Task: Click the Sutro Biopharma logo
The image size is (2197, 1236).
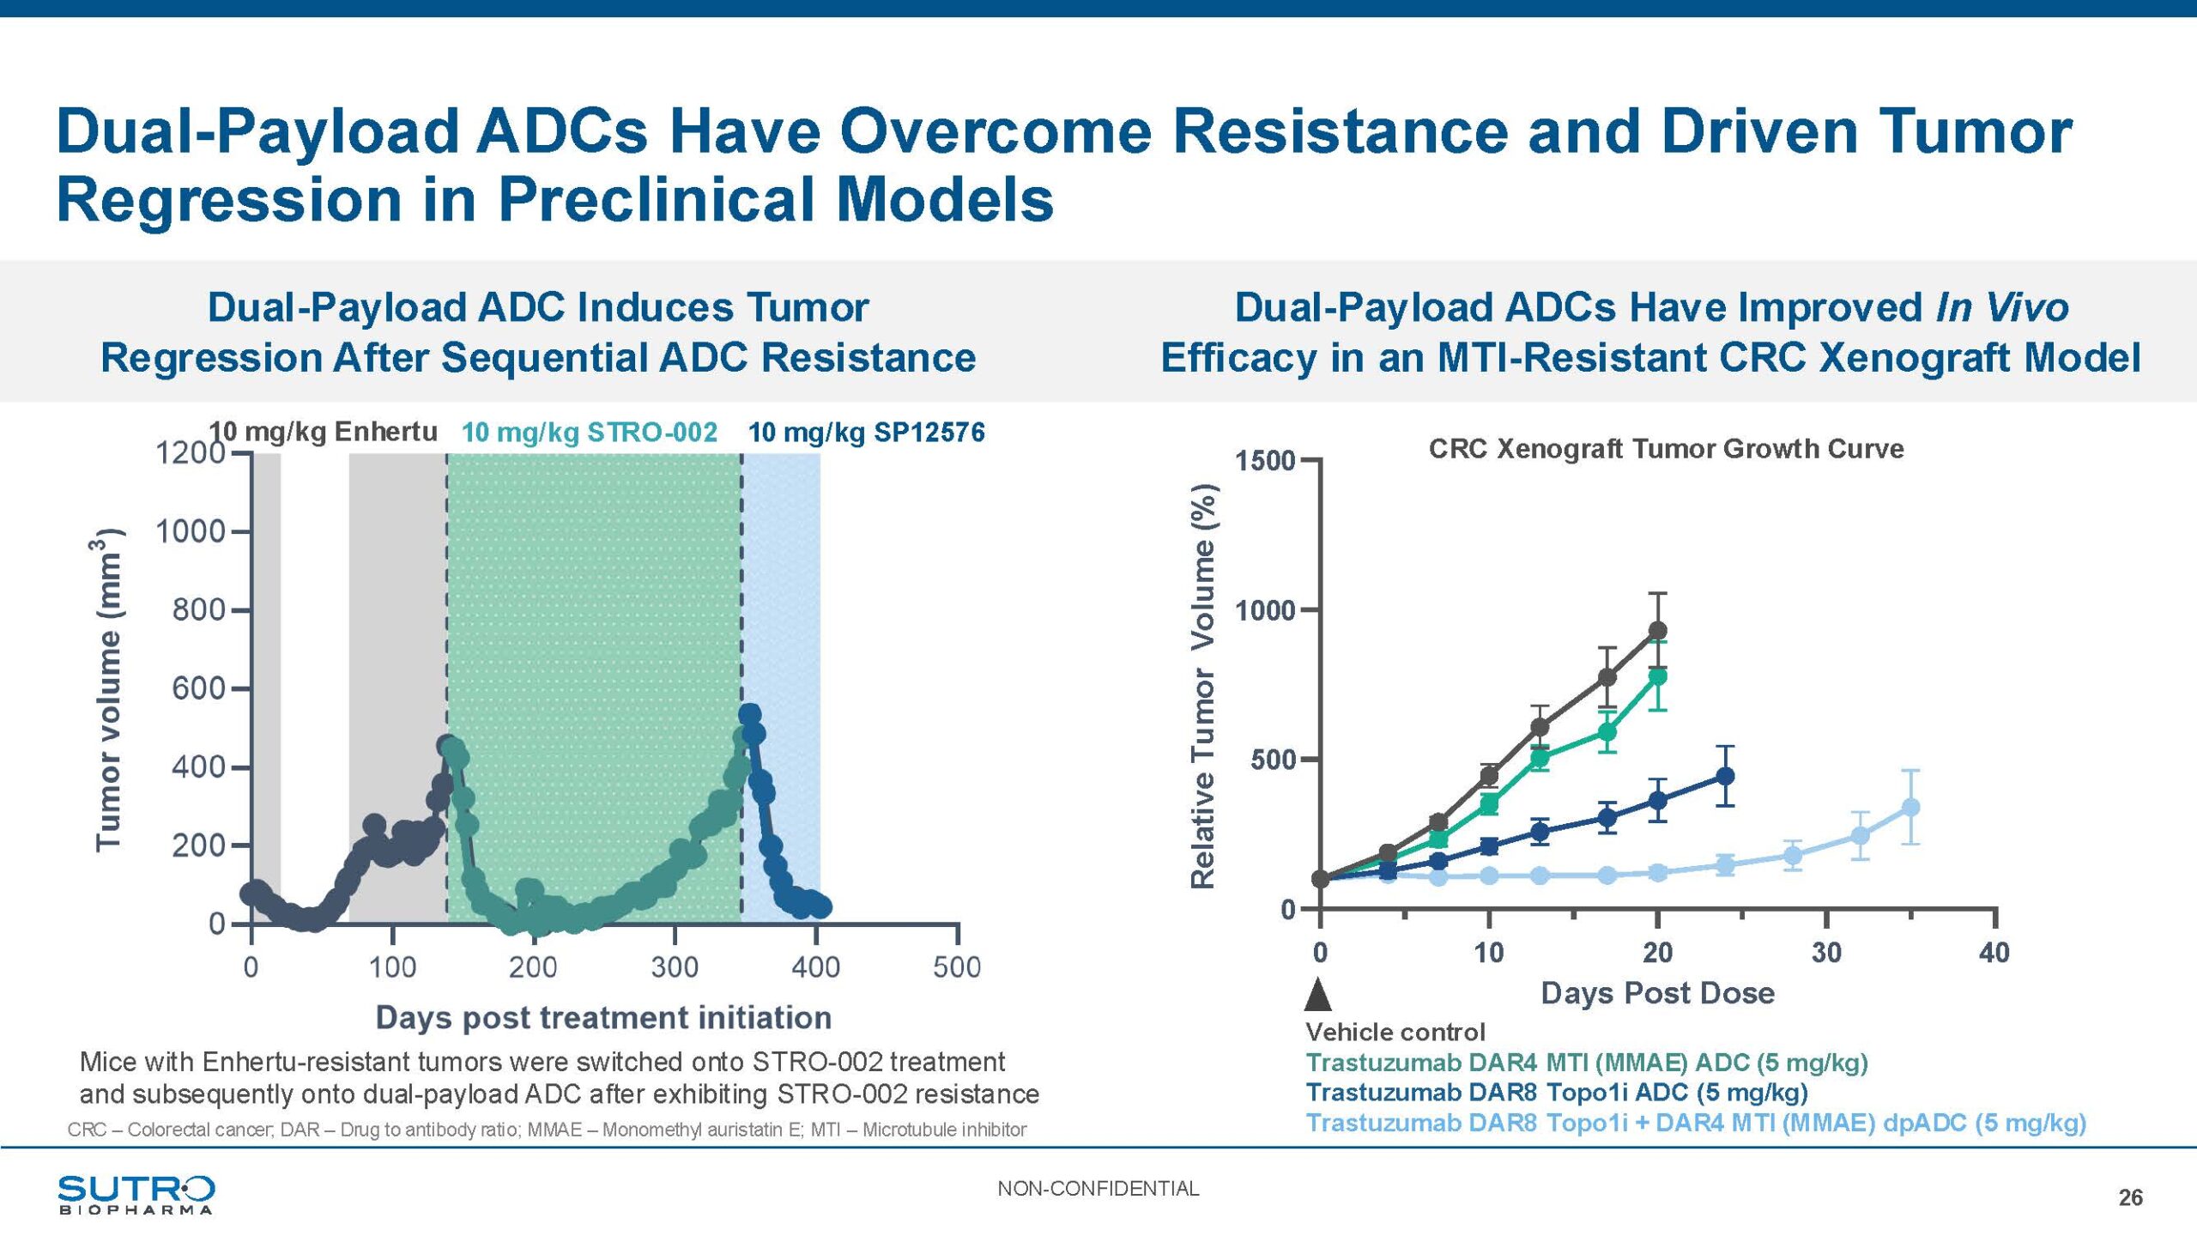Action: pos(136,1194)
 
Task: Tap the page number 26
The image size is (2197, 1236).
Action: pos(2130,1197)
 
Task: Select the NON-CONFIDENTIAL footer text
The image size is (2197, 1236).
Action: pos(1098,1189)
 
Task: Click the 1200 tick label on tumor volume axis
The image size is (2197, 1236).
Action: pos(189,452)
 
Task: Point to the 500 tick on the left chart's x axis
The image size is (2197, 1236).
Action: pos(957,967)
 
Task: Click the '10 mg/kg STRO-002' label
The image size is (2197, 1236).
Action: pos(589,432)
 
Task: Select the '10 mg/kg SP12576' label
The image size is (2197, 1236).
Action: pos(866,432)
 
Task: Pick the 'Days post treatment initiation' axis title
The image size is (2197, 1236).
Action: pos(603,1017)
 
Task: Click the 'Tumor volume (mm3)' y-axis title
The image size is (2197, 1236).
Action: pos(110,689)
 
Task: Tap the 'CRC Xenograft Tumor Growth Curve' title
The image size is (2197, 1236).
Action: pos(1666,448)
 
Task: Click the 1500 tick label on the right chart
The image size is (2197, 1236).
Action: pos(1264,461)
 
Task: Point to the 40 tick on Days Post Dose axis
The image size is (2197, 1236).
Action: pos(1994,952)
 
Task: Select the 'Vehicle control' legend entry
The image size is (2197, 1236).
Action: pos(1395,1032)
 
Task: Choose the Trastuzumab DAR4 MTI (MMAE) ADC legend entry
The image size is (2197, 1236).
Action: pos(1586,1063)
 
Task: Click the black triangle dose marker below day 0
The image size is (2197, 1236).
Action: pos(1318,996)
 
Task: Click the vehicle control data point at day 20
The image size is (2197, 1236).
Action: pos(1658,631)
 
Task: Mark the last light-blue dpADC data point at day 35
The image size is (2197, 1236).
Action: pos(1910,807)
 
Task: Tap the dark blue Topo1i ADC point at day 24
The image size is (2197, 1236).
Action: pos(1725,776)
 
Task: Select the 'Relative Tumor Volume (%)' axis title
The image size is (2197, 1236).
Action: pos(1203,686)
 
